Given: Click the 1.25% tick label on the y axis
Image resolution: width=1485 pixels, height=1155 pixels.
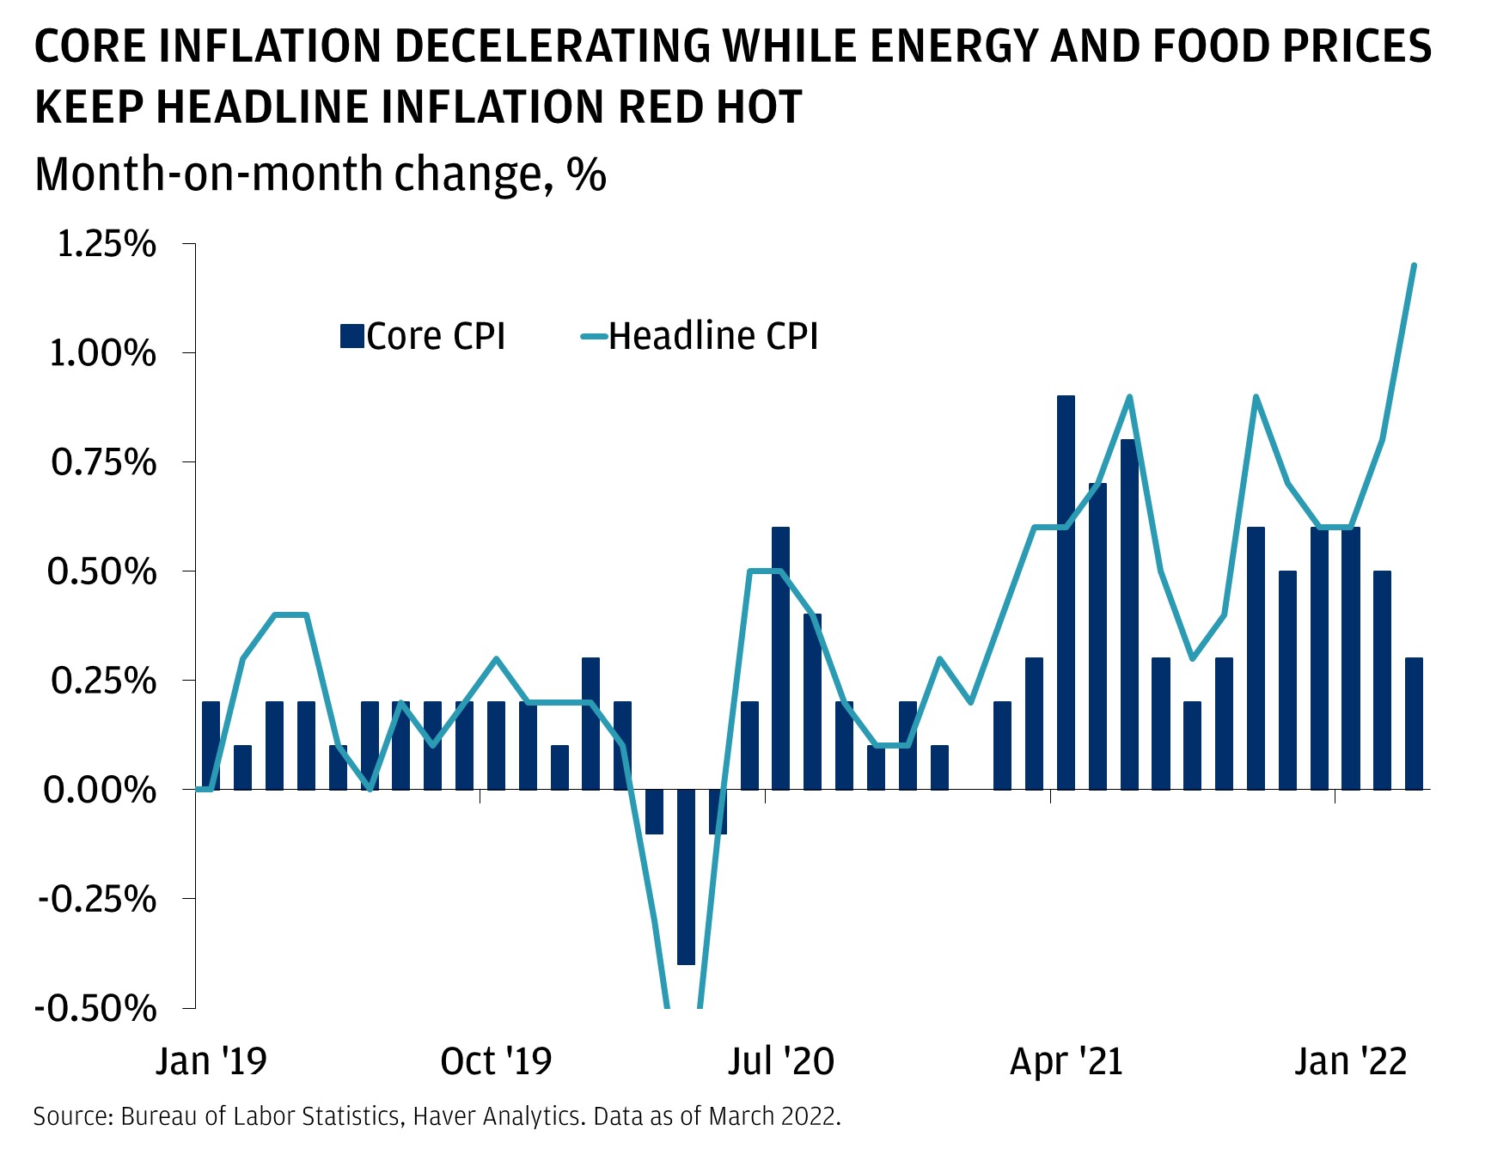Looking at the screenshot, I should [x=107, y=245].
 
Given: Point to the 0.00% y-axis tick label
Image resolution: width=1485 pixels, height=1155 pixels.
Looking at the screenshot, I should [x=100, y=790].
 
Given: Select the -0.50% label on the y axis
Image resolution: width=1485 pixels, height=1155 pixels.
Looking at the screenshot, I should [x=96, y=1008].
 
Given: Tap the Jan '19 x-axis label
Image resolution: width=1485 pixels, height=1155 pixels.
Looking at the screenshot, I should [x=211, y=1062].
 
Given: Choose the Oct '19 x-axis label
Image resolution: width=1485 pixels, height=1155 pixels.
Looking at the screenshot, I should [x=496, y=1062].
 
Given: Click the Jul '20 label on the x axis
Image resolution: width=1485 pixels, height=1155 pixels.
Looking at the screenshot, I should [x=780, y=1062].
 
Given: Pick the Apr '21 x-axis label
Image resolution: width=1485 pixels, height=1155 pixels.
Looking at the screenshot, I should [x=1066, y=1062].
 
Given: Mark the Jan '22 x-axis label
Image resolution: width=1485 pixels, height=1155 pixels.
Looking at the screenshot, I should [x=1350, y=1062].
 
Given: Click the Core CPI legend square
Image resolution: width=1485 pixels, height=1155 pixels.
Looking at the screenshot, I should [x=352, y=336].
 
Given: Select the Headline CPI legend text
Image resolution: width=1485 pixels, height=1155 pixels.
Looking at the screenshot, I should [x=713, y=336].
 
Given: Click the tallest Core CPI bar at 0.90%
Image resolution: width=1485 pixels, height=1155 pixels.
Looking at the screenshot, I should [x=1066, y=593].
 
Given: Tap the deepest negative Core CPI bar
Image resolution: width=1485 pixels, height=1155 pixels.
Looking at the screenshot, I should [x=686, y=877].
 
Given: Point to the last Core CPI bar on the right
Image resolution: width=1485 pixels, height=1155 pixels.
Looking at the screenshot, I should [x=1414, y=724].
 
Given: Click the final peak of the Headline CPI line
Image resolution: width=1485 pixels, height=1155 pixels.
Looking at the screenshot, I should [x=1414, y=266].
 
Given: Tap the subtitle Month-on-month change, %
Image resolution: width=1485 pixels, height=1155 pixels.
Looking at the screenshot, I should [x=321, y=174].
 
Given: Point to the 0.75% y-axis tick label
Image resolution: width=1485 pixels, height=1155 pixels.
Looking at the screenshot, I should [x=104, y=463].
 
